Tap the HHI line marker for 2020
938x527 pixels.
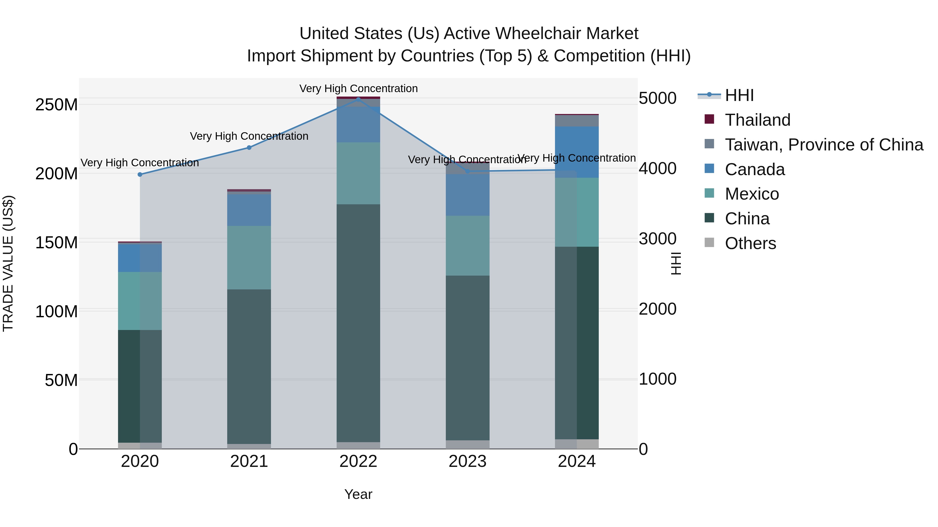(x=140, y=175)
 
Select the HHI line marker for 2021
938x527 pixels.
(x=249, y=148)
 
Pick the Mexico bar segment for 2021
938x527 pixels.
(x=249, y=257)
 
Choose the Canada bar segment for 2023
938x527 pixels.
(x=467, y=195)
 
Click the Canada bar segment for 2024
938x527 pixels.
(x=577, y=152)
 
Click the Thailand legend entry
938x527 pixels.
(x=757, y=120)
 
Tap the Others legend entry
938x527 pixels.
(x=750, y=243)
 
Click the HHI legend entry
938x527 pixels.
(x=739, y=95)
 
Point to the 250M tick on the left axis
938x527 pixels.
(x=57, y=105)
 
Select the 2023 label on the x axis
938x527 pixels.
(x=467, y=461)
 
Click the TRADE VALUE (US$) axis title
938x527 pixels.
(x=8, y=263)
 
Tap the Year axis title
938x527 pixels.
(x=358, y=494)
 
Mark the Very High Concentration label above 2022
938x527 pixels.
(x=358, y=88)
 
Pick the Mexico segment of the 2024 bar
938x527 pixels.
(x=577, y=212)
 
